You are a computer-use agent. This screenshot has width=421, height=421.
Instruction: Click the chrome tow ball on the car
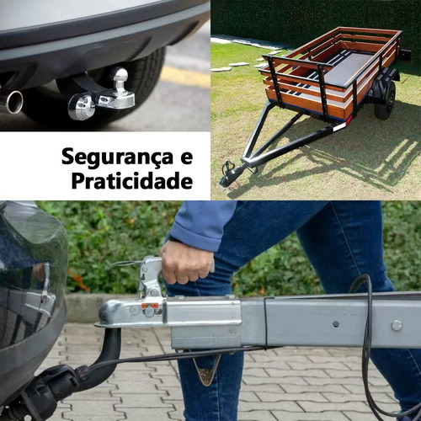[120, 77]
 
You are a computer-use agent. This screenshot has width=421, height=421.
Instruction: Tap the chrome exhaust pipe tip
[14, 102]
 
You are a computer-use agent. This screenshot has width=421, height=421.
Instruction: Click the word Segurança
[118, 158]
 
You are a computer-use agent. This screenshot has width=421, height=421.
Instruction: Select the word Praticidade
[132, 181]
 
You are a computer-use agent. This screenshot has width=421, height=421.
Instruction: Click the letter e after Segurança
[187, 157]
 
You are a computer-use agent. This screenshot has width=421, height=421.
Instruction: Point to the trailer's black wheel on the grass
[386, 100]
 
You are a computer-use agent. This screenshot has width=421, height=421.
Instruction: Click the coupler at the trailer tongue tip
[229, 177]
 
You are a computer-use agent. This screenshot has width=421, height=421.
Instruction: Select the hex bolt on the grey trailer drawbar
[397, 326]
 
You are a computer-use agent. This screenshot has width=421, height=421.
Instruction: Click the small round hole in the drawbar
[336, 324]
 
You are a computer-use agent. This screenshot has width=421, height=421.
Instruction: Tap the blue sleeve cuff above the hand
[194, 235]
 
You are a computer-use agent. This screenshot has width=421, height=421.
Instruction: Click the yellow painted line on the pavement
[185, 77]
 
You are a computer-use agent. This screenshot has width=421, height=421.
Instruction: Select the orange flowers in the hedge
[78, 280]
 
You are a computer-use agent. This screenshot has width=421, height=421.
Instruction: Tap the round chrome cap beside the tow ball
[82, 107]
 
